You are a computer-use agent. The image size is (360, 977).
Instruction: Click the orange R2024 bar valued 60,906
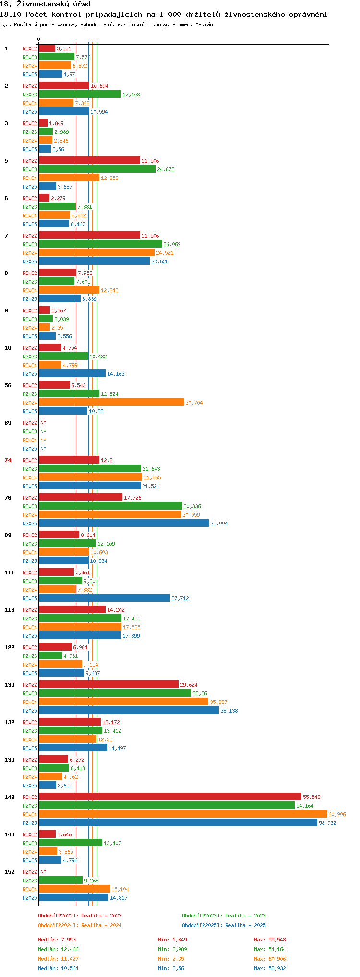[x=182, y=814]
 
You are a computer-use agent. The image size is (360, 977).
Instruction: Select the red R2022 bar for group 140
[x=170, y=797]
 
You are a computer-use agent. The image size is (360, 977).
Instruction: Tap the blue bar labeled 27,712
[x=104, y=598]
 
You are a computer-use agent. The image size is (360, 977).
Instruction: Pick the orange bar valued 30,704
[x=111, y=403]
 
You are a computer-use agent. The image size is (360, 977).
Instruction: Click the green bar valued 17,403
[x=80, y=95]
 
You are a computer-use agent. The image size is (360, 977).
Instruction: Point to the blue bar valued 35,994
[x=124, y=524]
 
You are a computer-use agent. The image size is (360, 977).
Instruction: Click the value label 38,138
[x=229, y=711]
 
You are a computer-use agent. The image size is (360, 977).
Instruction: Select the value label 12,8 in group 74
[x=107, y=460]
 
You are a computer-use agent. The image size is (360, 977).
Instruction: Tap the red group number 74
[x=8, y=460]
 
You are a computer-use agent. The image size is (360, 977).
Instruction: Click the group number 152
[x=10, y=872]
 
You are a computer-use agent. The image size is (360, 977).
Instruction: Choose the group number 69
[x=8, y=423]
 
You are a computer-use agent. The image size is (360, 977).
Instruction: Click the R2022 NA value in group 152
[x=43, y=872]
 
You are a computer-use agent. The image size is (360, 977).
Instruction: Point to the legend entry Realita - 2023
[x=224, y=916]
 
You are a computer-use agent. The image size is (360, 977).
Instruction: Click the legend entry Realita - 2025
[x=224, y=925]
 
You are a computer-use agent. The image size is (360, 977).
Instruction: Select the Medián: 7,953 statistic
[x=57, y=940]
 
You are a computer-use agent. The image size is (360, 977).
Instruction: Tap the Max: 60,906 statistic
[x=270, y=959]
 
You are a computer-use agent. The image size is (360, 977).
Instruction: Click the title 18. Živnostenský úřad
[x=45, y=4]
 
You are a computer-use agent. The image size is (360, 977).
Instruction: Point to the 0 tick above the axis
[x=39, y=39]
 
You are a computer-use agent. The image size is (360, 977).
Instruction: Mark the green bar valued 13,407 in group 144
[x=71, y=843]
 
